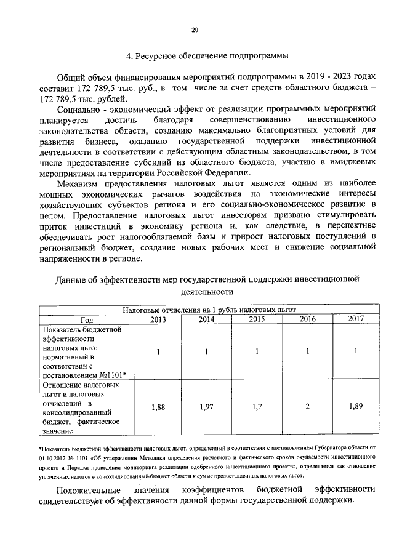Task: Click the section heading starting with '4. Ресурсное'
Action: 207,57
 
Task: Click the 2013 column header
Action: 158,319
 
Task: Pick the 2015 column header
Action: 257,319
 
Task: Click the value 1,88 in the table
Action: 158,407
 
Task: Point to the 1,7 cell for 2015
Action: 257,407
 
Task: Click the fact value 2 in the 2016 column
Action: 307,407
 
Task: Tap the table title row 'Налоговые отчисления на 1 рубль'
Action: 209,310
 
